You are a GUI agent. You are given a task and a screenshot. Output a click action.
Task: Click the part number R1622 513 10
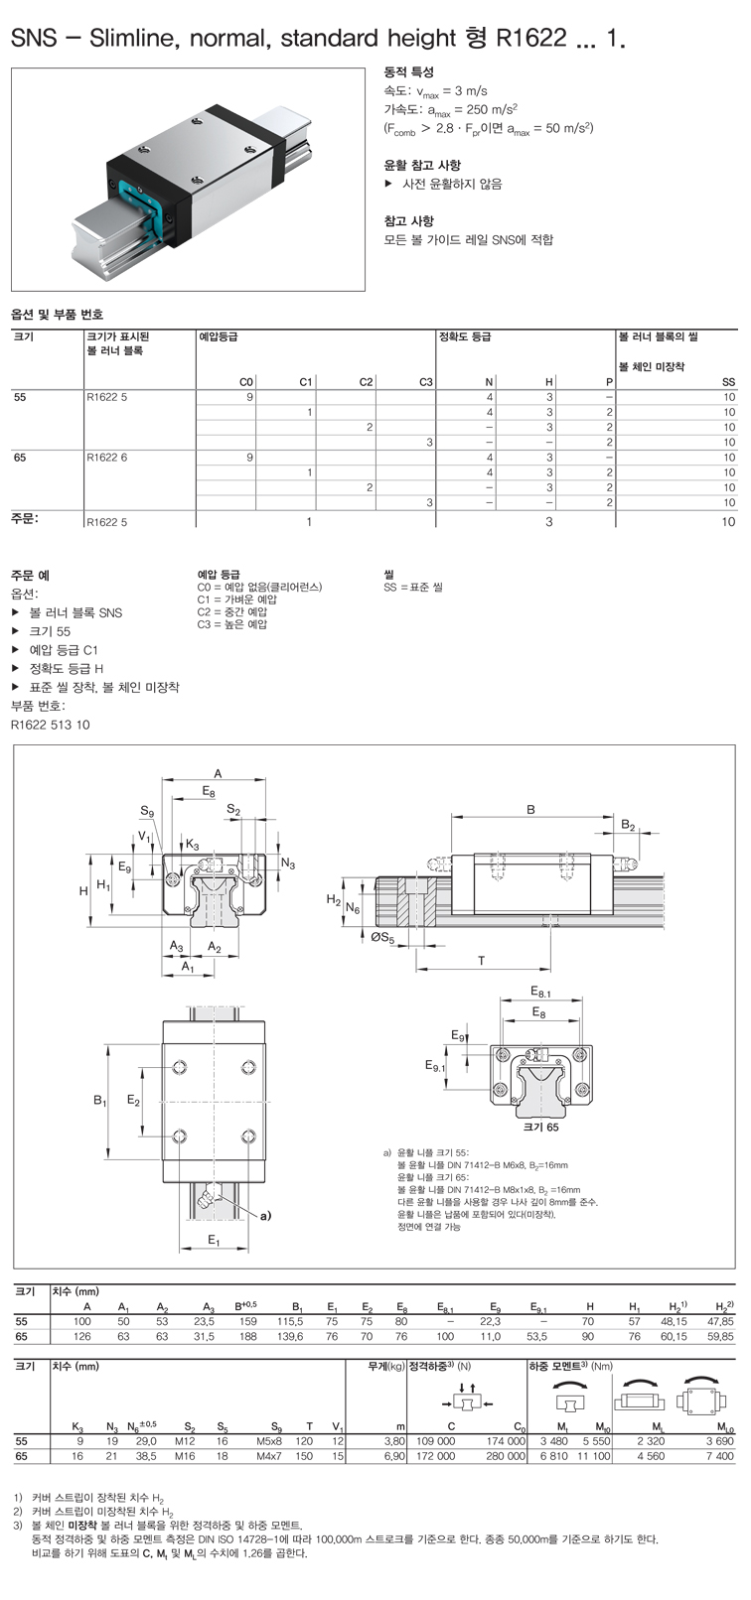(x=50, y=725)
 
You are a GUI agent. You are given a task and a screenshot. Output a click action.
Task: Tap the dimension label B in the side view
(x=530, y=809)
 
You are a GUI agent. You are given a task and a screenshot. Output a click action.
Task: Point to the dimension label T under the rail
(x=482, y=961)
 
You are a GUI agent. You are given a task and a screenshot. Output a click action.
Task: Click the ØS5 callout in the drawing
(x=382, y=938)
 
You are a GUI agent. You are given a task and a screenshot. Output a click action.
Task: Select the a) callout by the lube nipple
(x=265, y=1215)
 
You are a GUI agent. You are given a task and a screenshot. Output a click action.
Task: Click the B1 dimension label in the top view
(x=99, y=1101)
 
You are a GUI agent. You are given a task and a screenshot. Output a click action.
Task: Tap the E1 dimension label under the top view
(x=214, y=1241)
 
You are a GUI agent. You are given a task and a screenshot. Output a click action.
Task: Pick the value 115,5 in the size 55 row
(x=290, y=1321)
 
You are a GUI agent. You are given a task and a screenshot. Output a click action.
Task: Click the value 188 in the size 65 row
(x=248, y=1336)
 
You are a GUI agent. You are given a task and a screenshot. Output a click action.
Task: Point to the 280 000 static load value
(x=506, y=1456)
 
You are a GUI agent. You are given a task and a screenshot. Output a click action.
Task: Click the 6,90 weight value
(x=394, y=1456)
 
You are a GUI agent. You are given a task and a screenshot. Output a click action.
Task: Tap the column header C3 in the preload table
(x=426, y=382)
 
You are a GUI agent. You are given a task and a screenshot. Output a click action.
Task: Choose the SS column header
(x=728, y=382)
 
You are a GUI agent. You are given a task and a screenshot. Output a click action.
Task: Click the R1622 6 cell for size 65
(x=106, y=458)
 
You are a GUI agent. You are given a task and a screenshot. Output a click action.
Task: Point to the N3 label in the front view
(x=288, y=864)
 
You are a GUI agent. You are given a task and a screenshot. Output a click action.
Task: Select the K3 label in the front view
(x=192, y=845)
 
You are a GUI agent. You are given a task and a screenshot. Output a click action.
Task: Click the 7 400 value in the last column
(x=719, y=1456)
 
